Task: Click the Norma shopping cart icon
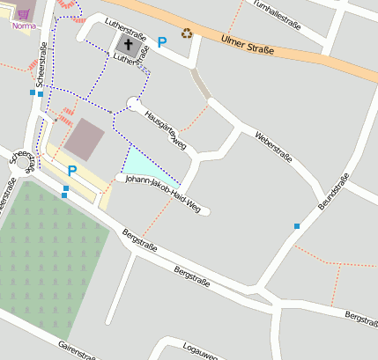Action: pos(23,15)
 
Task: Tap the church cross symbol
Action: pos(129,44)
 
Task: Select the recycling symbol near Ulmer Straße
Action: pos(187,33)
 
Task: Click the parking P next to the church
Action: pos(161,41)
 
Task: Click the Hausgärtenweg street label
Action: pos(166,129)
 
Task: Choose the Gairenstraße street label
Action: pos(77,350)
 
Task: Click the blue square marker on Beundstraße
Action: pos(297,227)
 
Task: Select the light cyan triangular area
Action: pos(141,164)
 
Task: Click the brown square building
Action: pos(85,139)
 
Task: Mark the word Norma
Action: pos(24,26)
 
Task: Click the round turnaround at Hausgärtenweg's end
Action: pos(133,104)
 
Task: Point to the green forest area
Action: pos(48,251)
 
